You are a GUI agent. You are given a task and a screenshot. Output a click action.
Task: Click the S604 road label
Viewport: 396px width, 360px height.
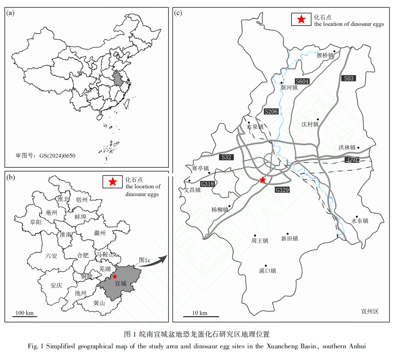[303, 81]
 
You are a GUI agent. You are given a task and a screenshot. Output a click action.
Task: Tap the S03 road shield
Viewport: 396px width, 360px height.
[348, 78]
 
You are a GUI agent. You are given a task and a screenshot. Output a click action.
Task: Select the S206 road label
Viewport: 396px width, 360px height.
[271, 112]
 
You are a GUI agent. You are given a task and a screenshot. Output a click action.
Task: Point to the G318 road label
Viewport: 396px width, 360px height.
[208, 184]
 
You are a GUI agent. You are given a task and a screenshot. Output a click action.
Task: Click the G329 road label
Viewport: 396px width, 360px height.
[282, 190]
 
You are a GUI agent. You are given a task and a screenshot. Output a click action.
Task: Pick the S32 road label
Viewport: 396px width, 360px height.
[226, 157]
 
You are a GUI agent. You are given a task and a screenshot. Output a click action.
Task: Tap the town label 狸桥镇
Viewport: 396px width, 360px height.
[325, 55]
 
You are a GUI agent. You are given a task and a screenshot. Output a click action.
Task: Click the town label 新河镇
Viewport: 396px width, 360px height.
[289, 88]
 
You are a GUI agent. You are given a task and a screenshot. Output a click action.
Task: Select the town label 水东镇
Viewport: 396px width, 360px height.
[359, 221]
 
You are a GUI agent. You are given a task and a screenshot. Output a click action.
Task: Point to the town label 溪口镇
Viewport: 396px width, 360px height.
[267, 271]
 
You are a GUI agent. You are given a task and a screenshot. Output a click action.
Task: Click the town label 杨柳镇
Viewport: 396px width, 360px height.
[220, 210]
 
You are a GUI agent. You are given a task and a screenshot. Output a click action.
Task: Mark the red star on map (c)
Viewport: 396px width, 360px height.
[263, 180]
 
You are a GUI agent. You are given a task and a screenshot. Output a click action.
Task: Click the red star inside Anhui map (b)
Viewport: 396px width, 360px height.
[115, 276]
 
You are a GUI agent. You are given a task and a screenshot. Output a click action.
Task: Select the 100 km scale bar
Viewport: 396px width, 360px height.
[25, 317]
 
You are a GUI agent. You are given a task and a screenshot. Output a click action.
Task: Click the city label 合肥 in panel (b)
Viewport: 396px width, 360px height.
[83, 256]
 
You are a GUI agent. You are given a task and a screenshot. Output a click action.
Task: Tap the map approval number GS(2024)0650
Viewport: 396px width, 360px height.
[45, 155]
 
